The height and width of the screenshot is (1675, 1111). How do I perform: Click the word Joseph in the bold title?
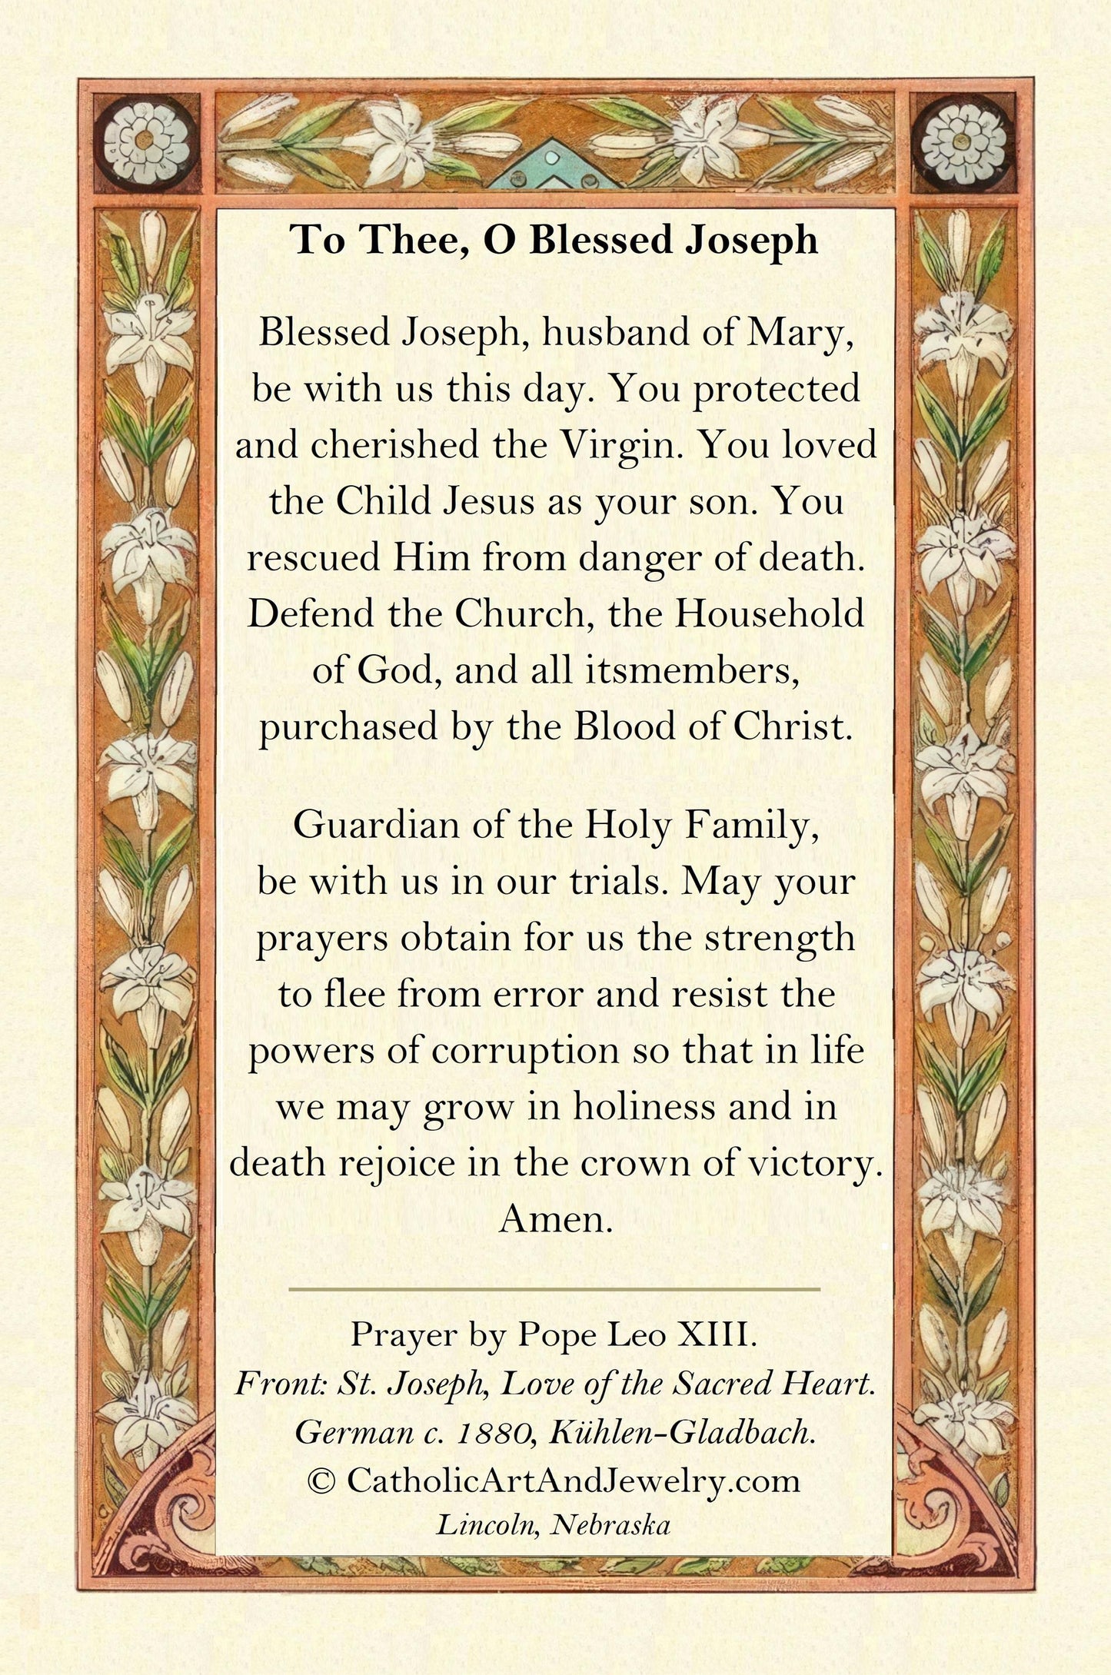point(750,240)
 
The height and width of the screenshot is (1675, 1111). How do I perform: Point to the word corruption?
point(525,1051)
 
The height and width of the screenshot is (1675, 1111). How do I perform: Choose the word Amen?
point(555,1219)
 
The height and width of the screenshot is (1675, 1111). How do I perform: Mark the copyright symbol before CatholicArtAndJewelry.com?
point(321,1481)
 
